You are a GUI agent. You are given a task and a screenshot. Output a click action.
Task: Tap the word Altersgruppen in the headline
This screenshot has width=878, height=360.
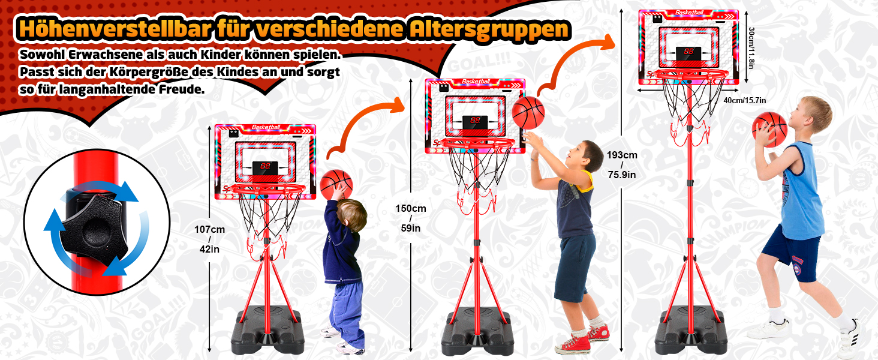488,29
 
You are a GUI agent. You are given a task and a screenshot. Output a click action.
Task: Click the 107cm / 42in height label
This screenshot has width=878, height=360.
210,239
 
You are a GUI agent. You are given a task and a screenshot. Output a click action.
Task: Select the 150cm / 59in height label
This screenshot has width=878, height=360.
410,218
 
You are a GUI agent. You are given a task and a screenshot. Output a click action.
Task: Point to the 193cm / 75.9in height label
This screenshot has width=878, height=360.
622,165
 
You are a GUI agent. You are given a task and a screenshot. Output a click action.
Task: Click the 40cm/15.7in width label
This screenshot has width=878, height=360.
745,100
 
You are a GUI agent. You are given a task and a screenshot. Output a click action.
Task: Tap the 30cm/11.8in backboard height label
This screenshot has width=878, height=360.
751,47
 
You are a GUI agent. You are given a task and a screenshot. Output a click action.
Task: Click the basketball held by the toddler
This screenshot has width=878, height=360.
336,184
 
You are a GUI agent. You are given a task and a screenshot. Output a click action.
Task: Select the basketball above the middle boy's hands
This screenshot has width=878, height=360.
528,113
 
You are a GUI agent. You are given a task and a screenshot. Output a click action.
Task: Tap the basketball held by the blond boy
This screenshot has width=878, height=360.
769,130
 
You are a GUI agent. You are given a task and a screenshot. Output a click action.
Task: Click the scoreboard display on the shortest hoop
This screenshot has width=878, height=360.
265,168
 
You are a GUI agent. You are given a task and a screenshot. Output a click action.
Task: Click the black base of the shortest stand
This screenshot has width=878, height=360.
267,331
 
